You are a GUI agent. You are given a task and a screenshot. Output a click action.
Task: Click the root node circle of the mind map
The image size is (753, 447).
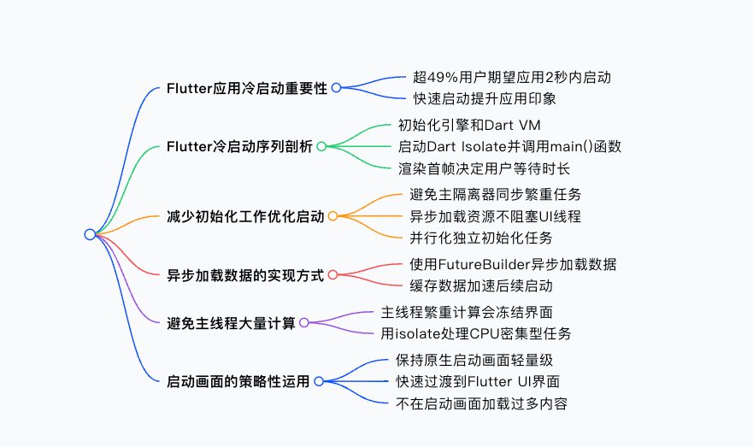(x=90, y=234)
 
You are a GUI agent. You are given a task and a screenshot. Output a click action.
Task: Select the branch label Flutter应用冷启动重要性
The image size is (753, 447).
(x=247, y=88)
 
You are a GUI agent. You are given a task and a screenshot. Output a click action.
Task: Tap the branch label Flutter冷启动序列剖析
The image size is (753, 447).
(x=239, y=146)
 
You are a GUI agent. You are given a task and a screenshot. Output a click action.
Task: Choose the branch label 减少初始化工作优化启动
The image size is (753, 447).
(x=245, y=217)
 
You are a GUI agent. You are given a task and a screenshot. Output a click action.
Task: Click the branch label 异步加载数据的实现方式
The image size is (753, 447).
(x=245, y=275)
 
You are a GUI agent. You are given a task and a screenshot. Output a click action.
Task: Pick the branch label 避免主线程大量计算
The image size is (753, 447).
(x=231, y=323)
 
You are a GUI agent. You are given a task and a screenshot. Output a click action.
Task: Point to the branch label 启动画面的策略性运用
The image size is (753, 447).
(x=238, y=381)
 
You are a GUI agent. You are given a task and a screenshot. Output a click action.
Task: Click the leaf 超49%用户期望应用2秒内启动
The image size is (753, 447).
(x=511, y=78)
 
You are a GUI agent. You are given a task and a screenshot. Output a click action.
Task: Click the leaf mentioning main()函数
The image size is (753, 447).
(x=509, y=146)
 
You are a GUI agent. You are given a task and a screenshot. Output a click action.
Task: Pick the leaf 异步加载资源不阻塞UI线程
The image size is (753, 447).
(x=495, y=217)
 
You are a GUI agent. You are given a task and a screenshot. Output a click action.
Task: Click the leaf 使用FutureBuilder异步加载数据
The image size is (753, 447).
(x=513, y=265)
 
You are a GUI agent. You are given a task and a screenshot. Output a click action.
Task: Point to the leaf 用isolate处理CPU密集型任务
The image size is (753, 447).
(x=476, y=333)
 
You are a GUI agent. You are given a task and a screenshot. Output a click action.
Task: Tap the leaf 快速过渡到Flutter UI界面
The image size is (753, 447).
(x=478, y=381)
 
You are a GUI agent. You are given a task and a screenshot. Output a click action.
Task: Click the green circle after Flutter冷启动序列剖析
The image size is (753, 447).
(x=321, y=146)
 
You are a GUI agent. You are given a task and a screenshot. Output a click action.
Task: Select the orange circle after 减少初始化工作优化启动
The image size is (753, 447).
(x=333, y=217)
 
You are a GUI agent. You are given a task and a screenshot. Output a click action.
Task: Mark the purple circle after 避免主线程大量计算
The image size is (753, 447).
(x=304, y=323)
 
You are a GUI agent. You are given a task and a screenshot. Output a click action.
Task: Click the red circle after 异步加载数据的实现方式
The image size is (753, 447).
(x=333, y=275)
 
